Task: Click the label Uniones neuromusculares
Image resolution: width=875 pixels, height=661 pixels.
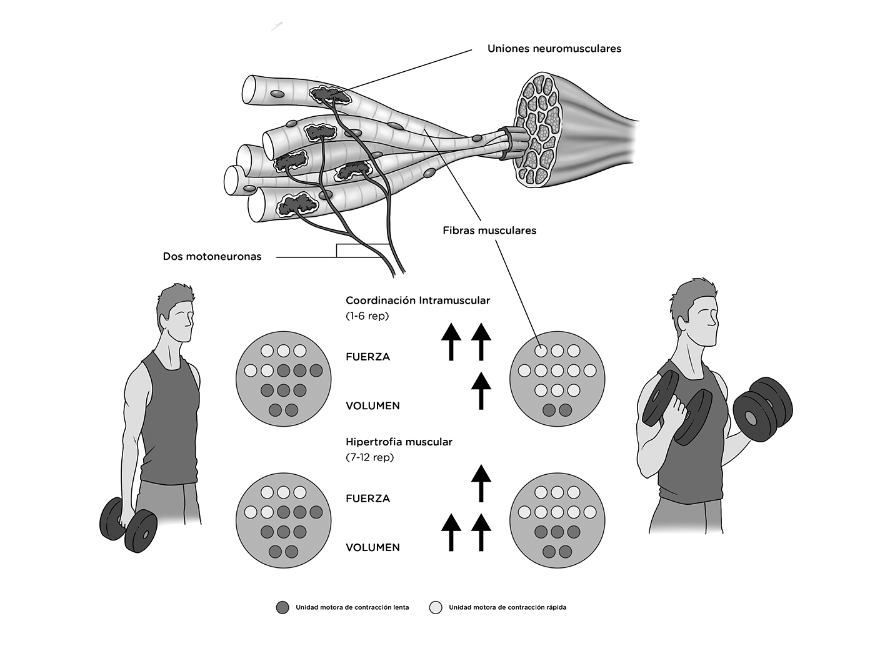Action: point(554,48)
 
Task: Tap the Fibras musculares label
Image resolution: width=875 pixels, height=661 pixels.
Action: point(489,231)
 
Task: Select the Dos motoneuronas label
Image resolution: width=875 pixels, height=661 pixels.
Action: point(212,256)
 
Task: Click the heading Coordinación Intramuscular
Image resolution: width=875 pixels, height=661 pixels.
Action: point(417,301)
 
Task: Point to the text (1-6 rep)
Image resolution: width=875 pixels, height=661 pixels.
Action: point(367,316)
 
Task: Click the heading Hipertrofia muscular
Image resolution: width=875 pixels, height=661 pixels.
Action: point(399,442)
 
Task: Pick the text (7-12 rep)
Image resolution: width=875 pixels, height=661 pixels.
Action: point(370,457)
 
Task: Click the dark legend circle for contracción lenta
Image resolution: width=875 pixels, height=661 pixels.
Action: point(282,607)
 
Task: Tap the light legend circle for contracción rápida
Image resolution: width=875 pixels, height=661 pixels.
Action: point(436,607)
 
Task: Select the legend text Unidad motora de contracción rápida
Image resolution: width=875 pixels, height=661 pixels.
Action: point(507,607)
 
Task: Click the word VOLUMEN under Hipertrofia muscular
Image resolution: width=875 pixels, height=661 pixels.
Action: point(372,547)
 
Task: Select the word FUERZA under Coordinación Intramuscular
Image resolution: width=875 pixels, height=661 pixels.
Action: point(367,357)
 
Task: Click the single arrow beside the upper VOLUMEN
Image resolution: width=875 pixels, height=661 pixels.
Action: point(481,390)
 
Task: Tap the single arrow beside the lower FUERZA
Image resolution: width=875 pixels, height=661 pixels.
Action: point(481,484)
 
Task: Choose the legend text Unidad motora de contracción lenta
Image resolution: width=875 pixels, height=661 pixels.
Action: point(352,607)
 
